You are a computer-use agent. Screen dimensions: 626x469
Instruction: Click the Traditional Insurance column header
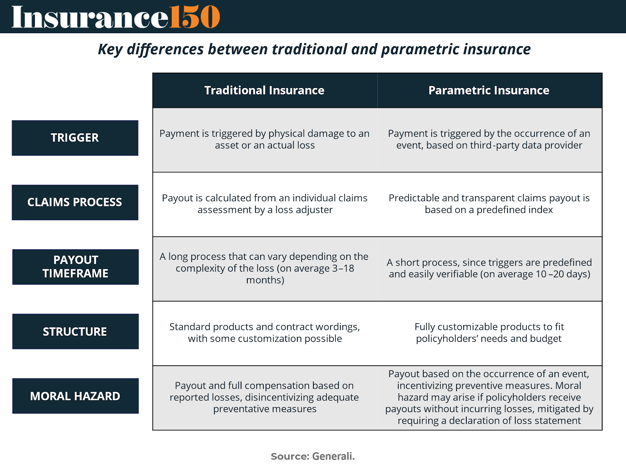coord(264,90)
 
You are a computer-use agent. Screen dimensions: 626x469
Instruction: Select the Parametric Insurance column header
coord(489,90)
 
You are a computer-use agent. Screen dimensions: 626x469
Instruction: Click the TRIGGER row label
coord(75,138)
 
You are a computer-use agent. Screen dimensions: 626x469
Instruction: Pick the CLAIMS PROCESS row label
coord(75,202)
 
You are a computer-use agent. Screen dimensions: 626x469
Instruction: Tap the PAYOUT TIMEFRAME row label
coord(75,267)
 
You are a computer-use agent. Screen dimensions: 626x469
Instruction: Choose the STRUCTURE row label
coord(75,331)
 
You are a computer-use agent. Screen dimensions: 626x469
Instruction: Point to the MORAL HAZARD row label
coord(75,396)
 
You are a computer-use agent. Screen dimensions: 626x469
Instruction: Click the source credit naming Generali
coord(313,456)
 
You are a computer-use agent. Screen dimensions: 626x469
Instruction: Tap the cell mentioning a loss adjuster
coord(264,204)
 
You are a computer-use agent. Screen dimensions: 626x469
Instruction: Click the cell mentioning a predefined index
coord(489,204)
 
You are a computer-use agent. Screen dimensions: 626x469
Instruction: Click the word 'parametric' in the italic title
coord(420,49)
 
